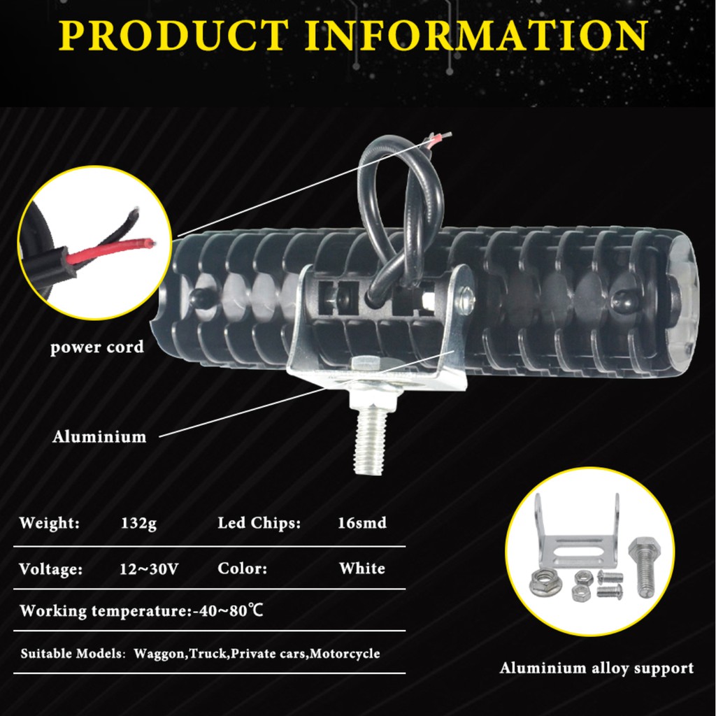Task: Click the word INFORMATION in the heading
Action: coord(478,36)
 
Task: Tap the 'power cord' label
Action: coord(96,347)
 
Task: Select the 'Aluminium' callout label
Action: coord(99,437)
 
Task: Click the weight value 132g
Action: coord(138,523)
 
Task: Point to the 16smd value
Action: coord(362,523)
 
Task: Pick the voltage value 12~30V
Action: coord(149,568)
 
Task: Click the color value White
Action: coord(362,568)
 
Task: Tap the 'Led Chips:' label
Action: coord(259,523)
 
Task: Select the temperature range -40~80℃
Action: coord(227,611)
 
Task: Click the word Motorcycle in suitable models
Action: coord(345,654)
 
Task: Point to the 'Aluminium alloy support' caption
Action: coord(596,668)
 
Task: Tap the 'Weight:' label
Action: coord(49,523)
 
